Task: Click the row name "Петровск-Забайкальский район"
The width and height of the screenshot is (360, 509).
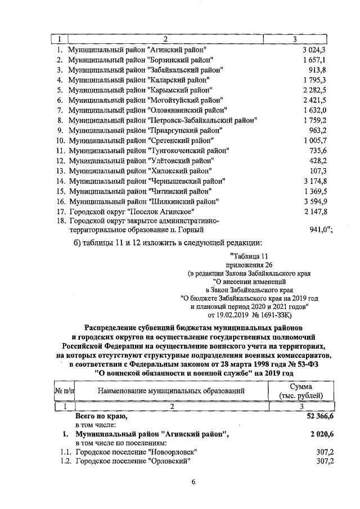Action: click(x=163, y=120)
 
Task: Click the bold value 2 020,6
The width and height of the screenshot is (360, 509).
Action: click(x=321, y=435)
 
